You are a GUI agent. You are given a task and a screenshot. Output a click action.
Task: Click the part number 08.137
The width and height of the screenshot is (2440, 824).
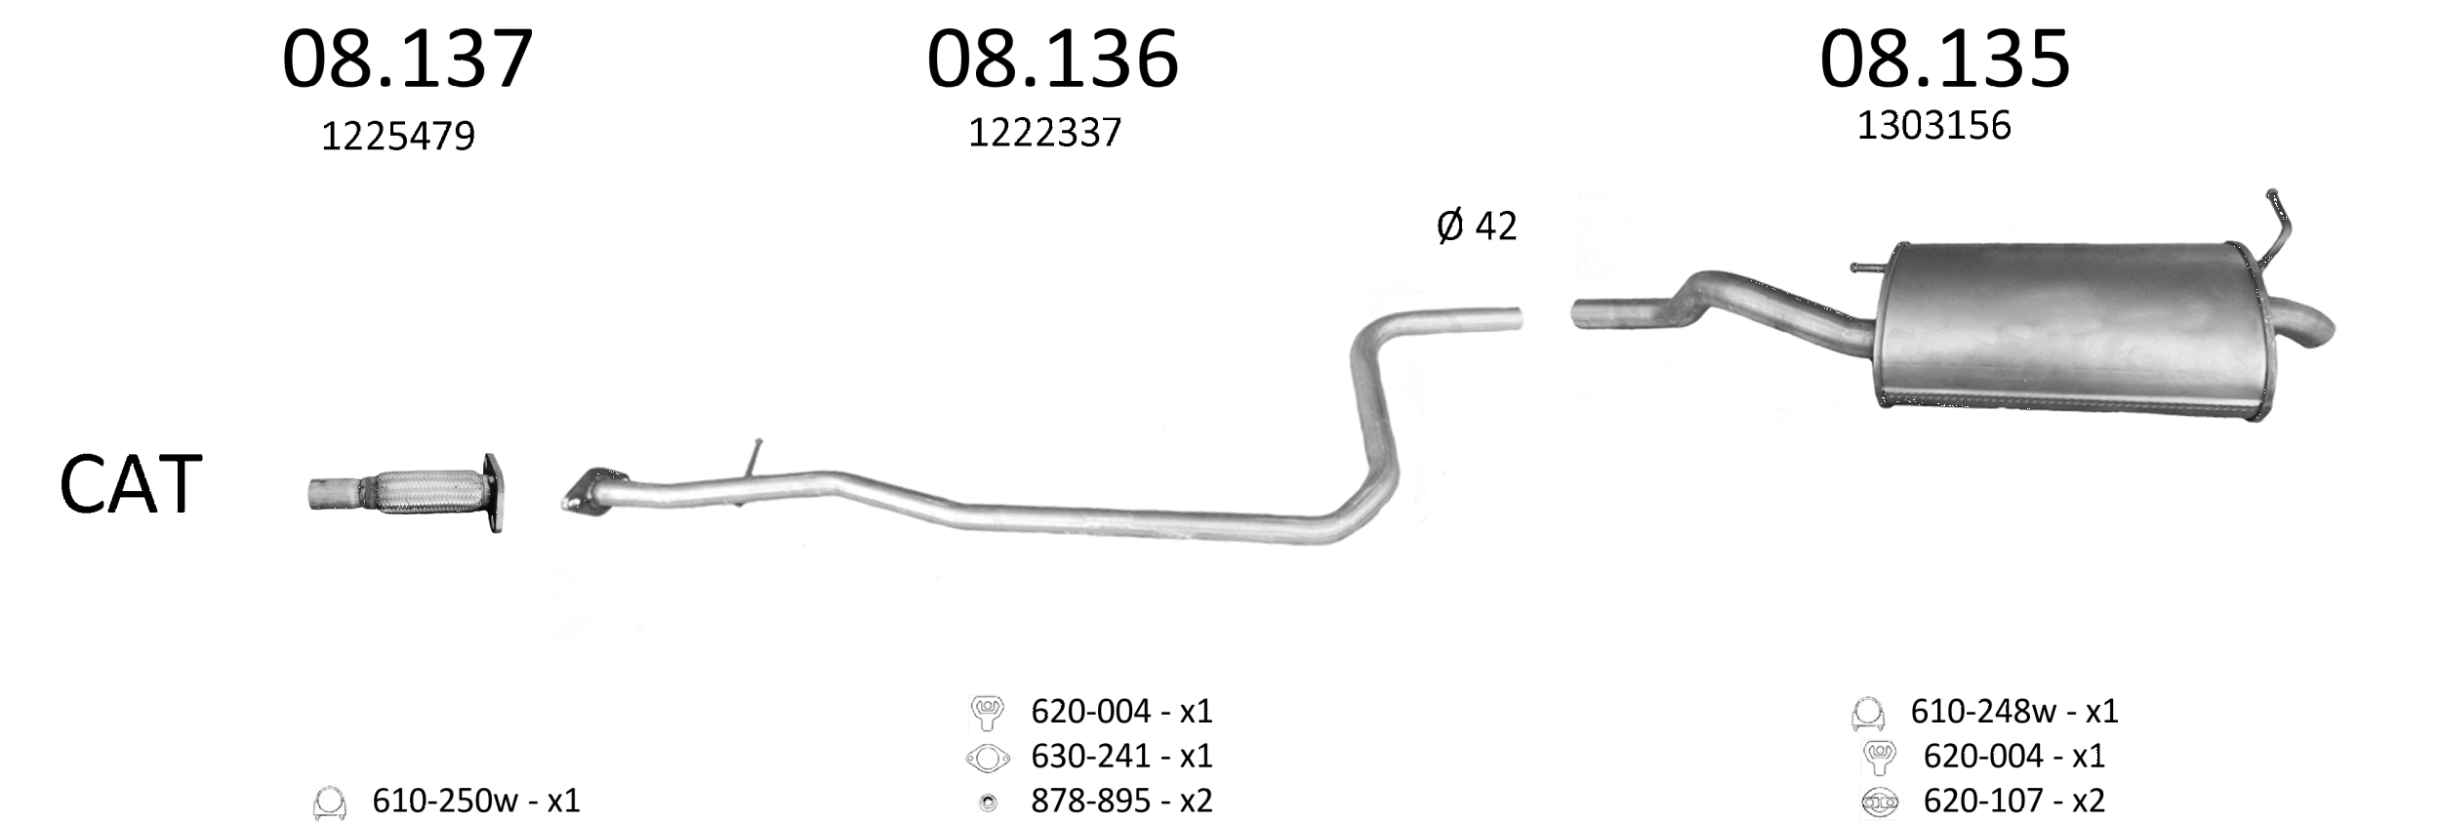(407, 60)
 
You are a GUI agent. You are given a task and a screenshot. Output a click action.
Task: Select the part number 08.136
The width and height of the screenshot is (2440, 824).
(1052, 60)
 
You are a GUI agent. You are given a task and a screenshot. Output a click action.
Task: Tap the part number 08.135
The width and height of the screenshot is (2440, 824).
(1944, 60)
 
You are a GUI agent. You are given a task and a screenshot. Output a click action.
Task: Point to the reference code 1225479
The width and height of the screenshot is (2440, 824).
(397, 137)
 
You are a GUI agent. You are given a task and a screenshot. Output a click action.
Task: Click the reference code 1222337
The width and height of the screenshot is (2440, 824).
(1044, 133)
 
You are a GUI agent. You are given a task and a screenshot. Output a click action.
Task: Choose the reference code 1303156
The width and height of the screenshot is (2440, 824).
(1933, 125)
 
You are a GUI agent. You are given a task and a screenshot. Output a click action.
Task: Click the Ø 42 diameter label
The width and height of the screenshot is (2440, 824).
(1477, 226)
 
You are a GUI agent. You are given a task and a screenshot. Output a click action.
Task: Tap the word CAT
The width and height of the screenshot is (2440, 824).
(131, 484)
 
